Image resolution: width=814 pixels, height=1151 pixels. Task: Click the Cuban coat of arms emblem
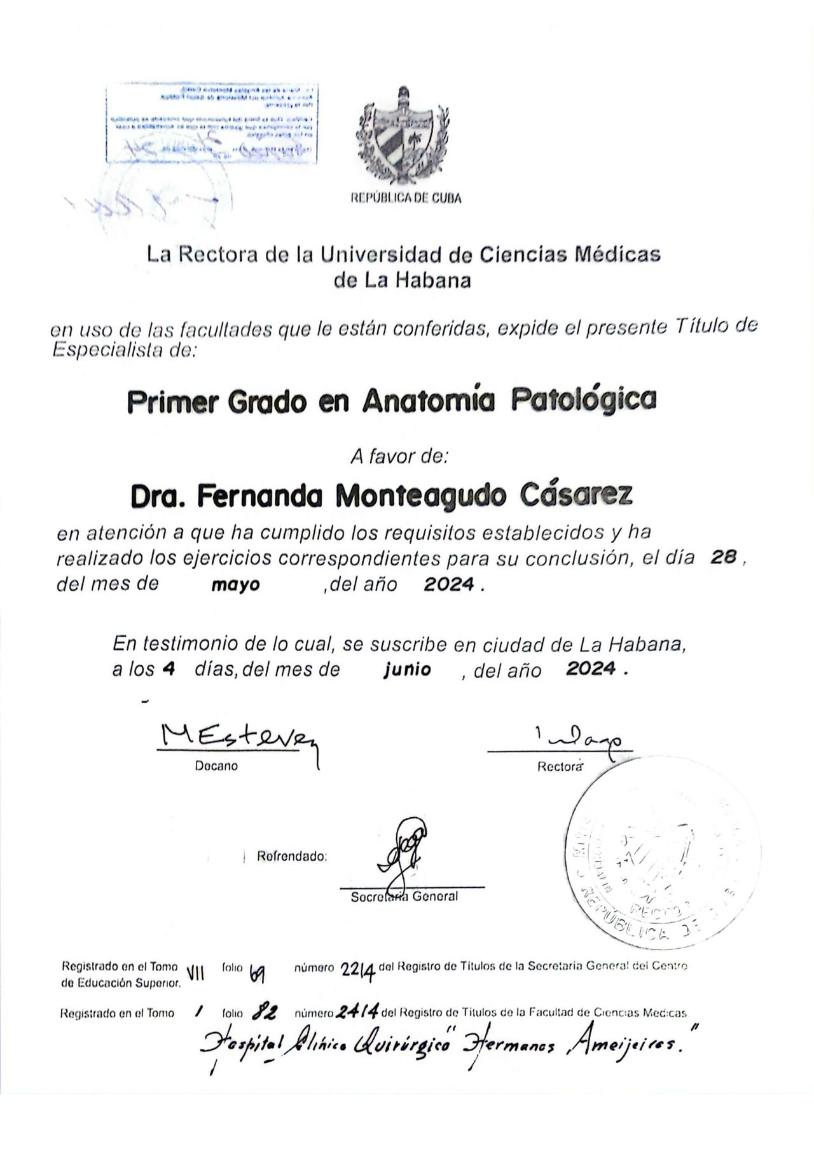tap(403, 135)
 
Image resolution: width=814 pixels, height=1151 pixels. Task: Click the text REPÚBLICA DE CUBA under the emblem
tap(406, 198)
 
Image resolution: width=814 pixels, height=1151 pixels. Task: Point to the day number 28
tap(723, 557)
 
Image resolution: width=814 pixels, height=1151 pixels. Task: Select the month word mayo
tap(235, 585)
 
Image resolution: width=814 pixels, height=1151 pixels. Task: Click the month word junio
tap(408, 669)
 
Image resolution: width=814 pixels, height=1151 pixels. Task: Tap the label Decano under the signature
tap(216, 766)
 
